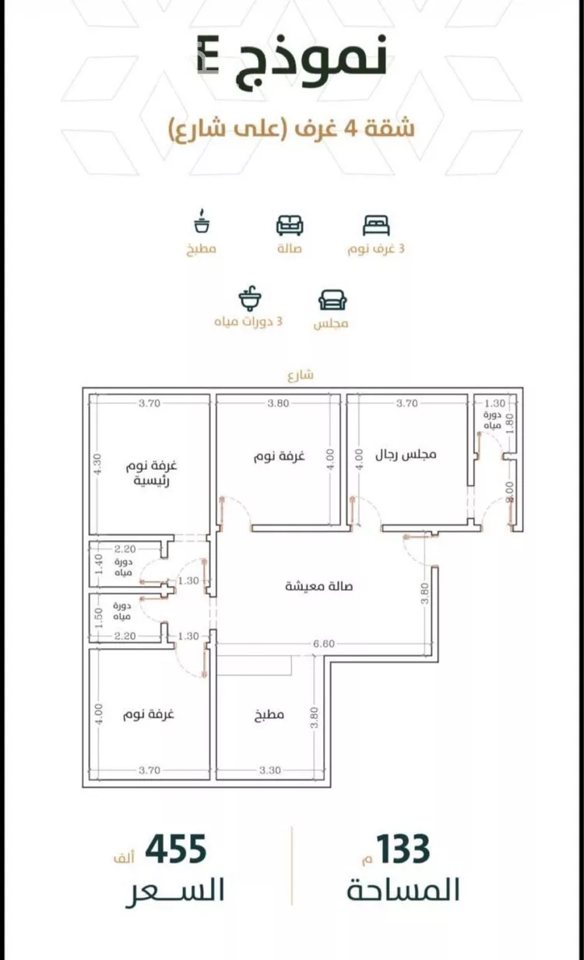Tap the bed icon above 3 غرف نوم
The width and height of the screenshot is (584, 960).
(x=376, y=225)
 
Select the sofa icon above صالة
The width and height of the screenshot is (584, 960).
(x=290, y=225)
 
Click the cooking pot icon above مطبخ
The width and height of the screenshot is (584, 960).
(x=202, y=221)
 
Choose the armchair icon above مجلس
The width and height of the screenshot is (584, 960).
(x=332, y=299)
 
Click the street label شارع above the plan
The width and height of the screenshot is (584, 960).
(x=301, y=375)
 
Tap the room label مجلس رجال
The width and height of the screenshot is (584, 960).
(x=406, y=454)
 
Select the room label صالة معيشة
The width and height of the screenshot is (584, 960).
(x=319, y=586)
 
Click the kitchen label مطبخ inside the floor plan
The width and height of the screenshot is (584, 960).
(x=269, y=715)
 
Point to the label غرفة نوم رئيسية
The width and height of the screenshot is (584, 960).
(x=152, y=473)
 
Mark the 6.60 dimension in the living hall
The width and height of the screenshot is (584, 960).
(x=324, y=644)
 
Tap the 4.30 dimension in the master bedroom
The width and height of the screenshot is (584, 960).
(x=97, y=464)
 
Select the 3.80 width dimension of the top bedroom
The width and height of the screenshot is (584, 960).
(x=278, y=403)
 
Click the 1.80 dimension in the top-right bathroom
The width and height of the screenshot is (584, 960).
(x=509, y=423)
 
